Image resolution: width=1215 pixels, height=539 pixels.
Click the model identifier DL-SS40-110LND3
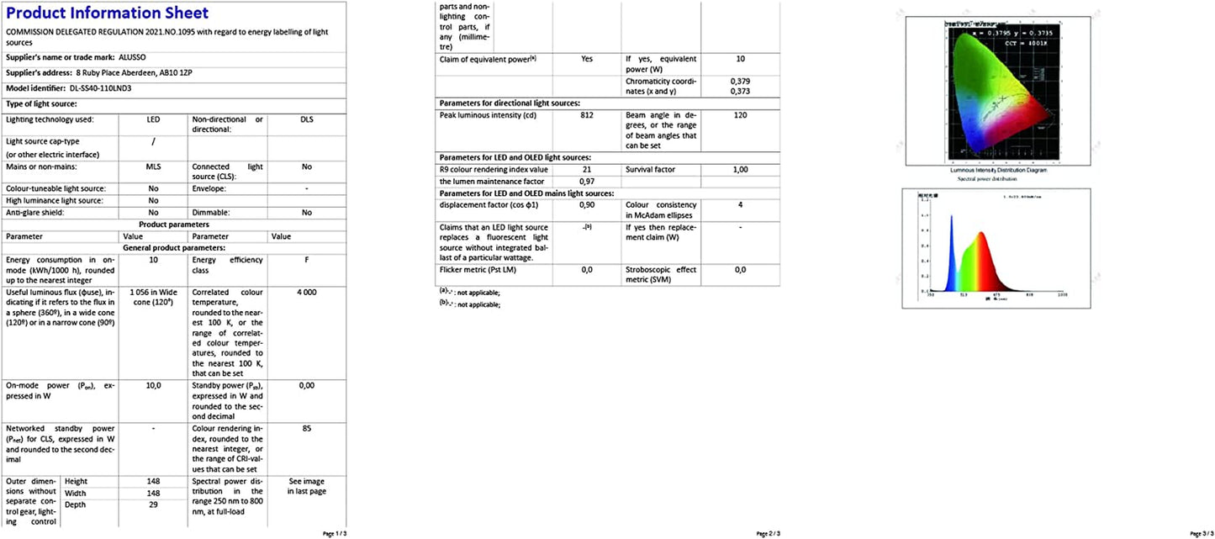pyautogui.click(x=89, y=87)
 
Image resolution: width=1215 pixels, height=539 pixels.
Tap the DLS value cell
pyautogui.click(x=307, y=119)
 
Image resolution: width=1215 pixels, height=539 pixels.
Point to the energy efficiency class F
pyautogui.click(x=307, y=260)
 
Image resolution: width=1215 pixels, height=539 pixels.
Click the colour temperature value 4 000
pyautogui.click(x=307, y=292)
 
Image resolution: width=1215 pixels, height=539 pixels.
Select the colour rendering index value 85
pyautogui.click(x=307, y=428)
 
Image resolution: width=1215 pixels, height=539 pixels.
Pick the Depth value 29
pyautogui.click(x=153, y=504)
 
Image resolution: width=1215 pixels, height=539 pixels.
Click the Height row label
pyautogui.click(x=77, y=481)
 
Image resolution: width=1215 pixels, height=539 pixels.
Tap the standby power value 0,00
pyautogui.click(x=307, y=385)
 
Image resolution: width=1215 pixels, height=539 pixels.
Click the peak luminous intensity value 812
pyautogui.click(x=587, y=115)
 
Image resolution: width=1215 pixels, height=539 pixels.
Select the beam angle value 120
pyautogui.click(x=740, y=115)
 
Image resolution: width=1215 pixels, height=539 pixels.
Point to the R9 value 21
pyautogui.click(x=587, y=170)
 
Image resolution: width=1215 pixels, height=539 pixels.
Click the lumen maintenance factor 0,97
pyautogui.click(x=587, y=182)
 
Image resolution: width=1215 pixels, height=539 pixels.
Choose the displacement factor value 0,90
pyautogui.click(x=587, y=205)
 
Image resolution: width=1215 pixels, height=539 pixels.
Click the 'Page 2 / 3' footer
pyautogui.click(x=769, y=533)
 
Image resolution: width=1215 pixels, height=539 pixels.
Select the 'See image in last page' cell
pyautogui.click(x=307, y=486)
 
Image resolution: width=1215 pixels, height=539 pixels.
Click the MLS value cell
pyautogui.click(x=153, y=166)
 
